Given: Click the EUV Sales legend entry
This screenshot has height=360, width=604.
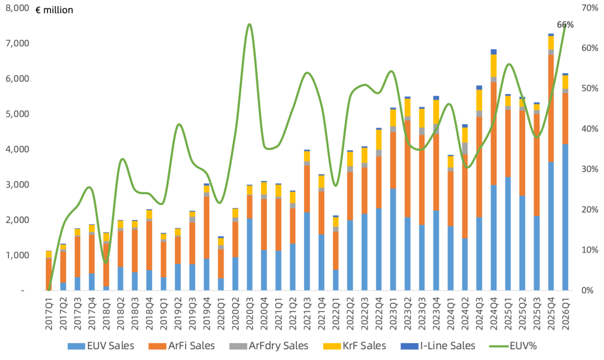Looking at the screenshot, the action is (101, 346).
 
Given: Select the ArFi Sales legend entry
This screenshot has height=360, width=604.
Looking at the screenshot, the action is (182, 346).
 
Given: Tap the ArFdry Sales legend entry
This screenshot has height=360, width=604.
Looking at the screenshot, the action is (269, 346).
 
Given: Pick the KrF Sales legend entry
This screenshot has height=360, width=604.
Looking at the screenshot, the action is (355, 346).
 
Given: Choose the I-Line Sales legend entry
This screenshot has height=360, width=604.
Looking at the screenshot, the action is (438, 346).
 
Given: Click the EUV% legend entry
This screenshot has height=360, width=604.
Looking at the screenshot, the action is (513, 346).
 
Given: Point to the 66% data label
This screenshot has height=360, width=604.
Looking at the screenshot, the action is (565, 25).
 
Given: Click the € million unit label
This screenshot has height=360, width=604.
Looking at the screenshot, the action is (54, 10).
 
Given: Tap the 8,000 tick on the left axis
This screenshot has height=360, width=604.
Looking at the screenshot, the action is (17, 8).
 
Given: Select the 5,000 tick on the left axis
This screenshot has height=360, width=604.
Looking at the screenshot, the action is (17, 114).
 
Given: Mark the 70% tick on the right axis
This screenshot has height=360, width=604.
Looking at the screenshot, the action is (589, 8).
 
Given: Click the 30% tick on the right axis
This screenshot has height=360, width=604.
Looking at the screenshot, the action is (589, 169).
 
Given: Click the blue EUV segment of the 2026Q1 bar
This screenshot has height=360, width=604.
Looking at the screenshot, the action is (565, 217).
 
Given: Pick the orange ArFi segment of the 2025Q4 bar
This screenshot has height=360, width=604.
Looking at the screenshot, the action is (551, 108).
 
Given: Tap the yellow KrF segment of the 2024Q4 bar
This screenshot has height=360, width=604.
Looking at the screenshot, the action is (494, 65).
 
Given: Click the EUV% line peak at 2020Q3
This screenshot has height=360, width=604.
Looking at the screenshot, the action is (249, 24).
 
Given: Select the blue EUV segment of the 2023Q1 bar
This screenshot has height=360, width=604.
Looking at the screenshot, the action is (393, 239).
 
